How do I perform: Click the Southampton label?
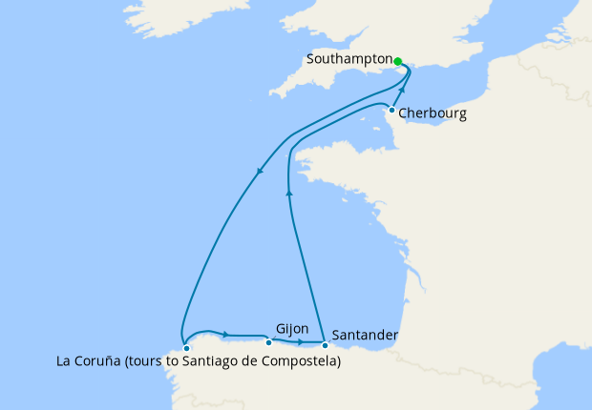(349, 59)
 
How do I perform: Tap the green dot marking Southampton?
(398, 60)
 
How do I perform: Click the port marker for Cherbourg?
(391, 110)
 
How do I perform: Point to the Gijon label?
(291, 328)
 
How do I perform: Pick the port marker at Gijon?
(268, 342)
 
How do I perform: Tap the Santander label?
(366, 336)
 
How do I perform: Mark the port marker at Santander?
(325, 344)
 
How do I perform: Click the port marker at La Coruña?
(186, 348)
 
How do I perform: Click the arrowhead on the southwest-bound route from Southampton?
(260, 172)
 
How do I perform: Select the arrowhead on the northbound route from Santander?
(289, 191)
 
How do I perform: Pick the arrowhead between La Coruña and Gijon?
(225, 334)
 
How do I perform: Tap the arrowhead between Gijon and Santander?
(301, 341)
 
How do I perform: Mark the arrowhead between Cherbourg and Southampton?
(402, 92)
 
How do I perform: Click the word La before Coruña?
(65, 362)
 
